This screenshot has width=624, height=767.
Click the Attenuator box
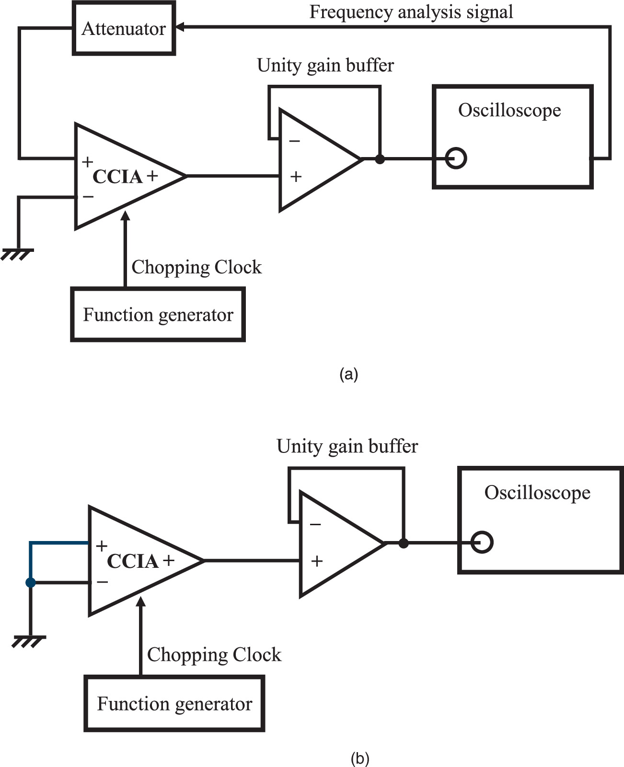click(x=124, y=28)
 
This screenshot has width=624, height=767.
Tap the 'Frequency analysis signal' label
click(x=411, y=12)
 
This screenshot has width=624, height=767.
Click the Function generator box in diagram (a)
click(x=158, y=315)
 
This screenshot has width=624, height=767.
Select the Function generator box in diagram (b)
click(x=174, y=703)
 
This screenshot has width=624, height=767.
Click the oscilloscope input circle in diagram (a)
click(x=456, y=158)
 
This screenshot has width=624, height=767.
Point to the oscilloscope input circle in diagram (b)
click(x=482, y=543)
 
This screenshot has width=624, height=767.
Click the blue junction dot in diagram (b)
click(x=31, y=583)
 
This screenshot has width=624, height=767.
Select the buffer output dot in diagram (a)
click(x=380, y=159)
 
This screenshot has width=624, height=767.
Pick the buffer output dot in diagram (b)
click(x=404, y=543)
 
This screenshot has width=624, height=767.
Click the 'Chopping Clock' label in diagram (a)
click(x=196, y=267)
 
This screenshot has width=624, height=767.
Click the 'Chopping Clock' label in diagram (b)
click(x=214, y=654)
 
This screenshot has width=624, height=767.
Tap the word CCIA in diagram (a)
click(x=117, y=177)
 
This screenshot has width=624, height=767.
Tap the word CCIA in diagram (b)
click(x=132, y=561)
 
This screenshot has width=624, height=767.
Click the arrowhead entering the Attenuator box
click(x=180, y=28)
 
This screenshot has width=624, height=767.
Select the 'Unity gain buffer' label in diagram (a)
click(x=325, y=65)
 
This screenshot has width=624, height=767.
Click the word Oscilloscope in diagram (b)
click(x=537, y=492)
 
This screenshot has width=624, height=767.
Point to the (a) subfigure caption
click(x=348, y=374)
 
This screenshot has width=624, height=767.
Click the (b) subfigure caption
click(x=360, y=758)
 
